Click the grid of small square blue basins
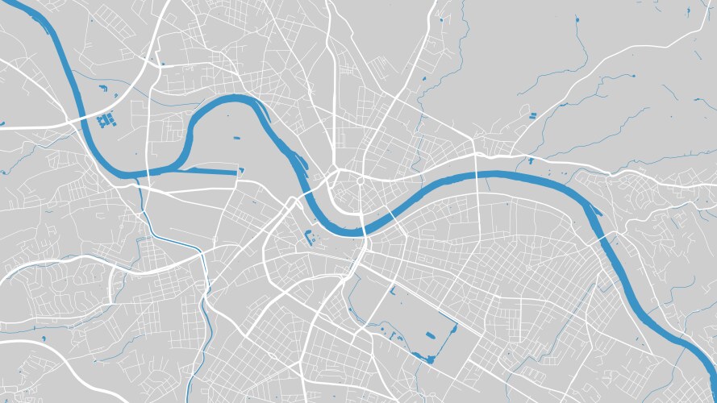coord(104,121)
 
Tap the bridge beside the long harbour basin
coord(148,172)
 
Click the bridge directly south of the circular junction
coord(365,230)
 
